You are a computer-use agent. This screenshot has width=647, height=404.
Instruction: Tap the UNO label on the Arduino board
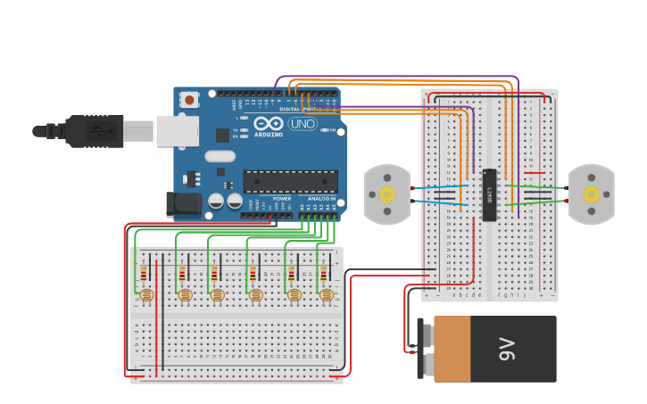303,124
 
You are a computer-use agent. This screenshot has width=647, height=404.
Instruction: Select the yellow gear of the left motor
386,194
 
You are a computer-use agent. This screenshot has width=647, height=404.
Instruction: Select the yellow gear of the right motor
591,194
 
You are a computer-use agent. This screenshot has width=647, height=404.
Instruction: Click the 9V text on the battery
508,349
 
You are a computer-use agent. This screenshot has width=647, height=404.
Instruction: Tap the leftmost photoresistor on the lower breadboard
147,294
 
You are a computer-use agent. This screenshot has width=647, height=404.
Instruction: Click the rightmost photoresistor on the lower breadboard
327,294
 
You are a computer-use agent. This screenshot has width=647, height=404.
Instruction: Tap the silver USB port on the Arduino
177,131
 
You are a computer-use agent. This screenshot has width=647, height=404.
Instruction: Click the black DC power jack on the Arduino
184,204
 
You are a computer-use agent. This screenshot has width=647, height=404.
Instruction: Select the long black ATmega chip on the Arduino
291,181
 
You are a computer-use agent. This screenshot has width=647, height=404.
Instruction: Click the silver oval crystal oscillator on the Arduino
220,156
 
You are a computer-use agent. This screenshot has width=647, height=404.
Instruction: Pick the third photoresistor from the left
218,294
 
